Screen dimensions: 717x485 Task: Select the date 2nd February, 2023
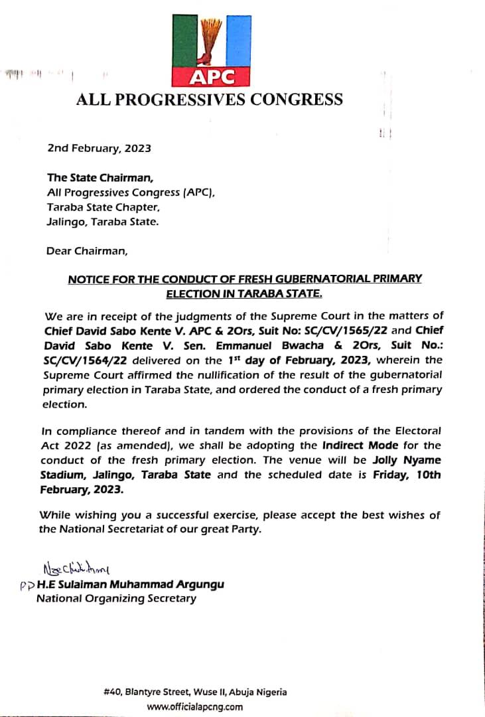(x=99, y=148)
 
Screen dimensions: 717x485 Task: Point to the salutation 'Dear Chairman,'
(x=86, y=251)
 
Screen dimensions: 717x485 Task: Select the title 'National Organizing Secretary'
(x=116, y=599)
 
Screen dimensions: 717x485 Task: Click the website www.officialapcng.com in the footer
(x=195, y=706)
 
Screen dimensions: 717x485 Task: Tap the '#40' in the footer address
(x=111, y=692)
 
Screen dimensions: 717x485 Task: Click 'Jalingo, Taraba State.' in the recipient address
(x=103, y=222)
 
